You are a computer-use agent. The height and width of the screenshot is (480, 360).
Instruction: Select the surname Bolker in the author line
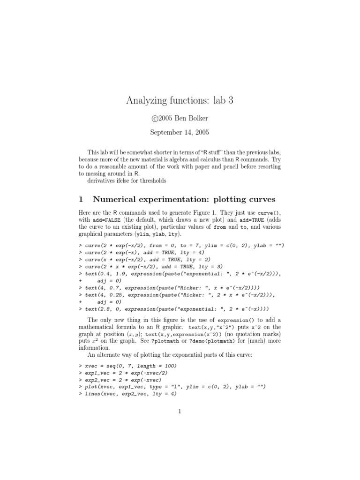point(197,118)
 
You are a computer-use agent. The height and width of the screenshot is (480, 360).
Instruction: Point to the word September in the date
point(165,133)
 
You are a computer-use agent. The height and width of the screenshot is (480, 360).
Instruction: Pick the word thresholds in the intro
point(150,180)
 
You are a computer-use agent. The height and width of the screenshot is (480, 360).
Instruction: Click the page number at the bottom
point(180,412)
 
